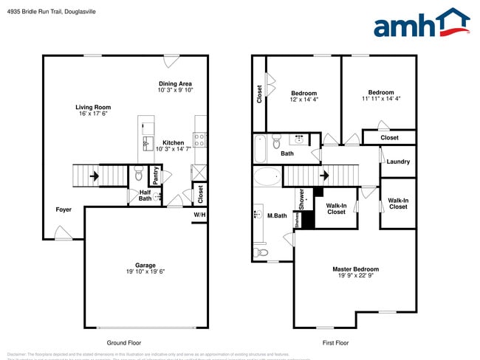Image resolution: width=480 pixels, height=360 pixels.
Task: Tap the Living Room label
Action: [x=92, y=107]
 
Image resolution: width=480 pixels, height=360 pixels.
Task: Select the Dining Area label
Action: [x=175, y=83]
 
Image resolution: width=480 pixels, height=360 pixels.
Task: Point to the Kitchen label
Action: [x=174, y=142]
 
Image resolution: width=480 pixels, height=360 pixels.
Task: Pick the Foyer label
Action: [x=64, y=210]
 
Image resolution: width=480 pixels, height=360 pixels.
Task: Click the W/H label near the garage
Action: [x=200, y=215]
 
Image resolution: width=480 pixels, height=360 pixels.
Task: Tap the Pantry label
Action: [x=156, y=175]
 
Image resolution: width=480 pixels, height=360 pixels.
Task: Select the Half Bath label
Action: [x=145, y=195]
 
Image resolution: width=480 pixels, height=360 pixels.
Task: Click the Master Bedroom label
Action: [x=355, y=269]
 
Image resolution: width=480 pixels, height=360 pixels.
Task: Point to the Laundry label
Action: [x=397, y=162]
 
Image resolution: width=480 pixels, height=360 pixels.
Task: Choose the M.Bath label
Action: [x=277, y=215]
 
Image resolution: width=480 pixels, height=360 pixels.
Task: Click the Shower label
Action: [x=301, y=198]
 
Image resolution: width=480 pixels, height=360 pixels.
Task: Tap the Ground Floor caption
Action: [x=124, y=343]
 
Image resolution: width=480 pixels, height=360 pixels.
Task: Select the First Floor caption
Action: [x=336, y=343]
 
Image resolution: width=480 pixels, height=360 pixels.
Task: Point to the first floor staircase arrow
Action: [x=326, y=176]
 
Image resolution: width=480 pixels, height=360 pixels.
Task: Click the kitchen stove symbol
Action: [x=199, y=137]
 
